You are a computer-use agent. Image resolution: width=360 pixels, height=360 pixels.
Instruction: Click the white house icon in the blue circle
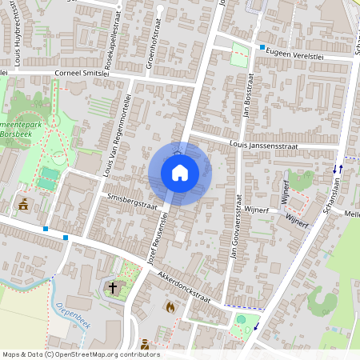click(x=180, y=173)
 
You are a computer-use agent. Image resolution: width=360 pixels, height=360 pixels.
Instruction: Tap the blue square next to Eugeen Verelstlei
click(x=262, y=48)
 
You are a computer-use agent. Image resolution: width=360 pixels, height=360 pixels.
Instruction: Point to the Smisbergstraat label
click(x=132, y=205)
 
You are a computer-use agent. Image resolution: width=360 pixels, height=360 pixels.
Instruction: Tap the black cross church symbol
click(x=113, y=288)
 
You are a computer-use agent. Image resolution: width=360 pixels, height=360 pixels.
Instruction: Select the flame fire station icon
click(x=170, y=306)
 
